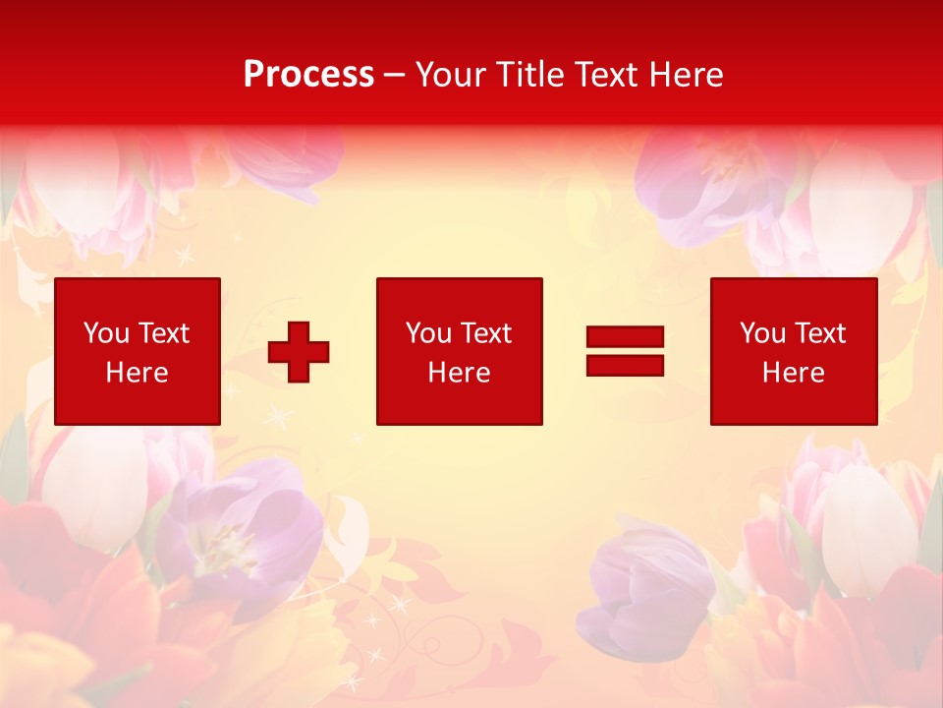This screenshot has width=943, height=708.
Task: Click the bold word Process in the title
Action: [308, 75]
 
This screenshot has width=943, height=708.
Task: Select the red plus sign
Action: [299, 352]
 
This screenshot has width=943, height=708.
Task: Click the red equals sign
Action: [625, 351]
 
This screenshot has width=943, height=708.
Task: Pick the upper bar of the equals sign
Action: [625, 337]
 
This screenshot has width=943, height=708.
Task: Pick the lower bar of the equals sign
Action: [625, 365]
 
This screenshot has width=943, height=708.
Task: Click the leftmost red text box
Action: [138, 351]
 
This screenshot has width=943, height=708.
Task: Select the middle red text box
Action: [459, 351]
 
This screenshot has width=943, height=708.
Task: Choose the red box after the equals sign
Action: [794, 351]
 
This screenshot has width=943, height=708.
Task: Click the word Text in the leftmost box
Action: [163, 333]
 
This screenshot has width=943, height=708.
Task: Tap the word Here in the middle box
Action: [459, 373]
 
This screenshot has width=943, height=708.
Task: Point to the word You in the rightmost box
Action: [762, 333]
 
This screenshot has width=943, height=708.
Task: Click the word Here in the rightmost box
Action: [794, 373]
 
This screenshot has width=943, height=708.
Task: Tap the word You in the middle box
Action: [428, 333]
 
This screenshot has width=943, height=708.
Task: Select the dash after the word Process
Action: [394, 75]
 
